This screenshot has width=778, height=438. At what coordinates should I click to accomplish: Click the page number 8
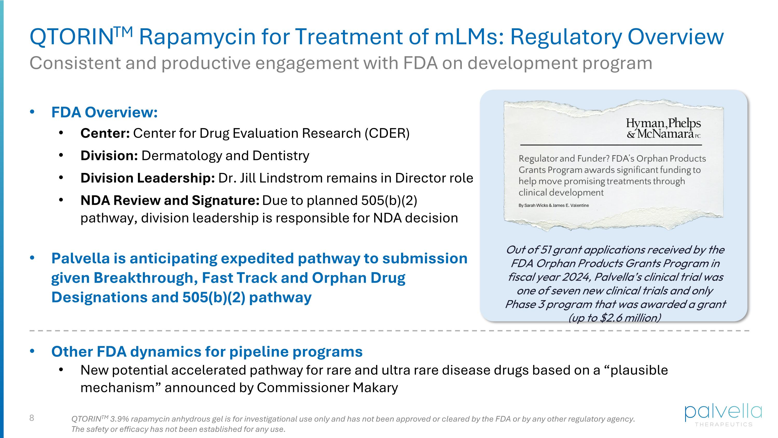(x=32, y=418)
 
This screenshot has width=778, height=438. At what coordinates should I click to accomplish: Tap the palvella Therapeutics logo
(x=723, y=415)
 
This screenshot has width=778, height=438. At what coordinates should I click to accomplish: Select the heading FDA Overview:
(x=105, y=112)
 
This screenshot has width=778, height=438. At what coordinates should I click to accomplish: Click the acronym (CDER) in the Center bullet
(x=387, y=133)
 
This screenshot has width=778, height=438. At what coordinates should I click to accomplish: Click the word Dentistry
(x=281, y=156)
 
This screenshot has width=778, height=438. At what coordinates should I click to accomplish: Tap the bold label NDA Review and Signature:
(x=170, y=200)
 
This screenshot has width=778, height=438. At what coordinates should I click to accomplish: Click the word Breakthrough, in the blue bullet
(x=145, y=278)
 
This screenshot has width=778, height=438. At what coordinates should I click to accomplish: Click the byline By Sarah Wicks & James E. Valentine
(x=554, y=206)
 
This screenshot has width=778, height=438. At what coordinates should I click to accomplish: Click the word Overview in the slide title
(x=675, y=37)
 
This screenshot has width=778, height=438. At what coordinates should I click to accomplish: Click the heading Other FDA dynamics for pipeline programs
(x=207, y=352)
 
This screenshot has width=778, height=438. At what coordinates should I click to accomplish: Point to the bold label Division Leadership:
(x=147, y=178)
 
